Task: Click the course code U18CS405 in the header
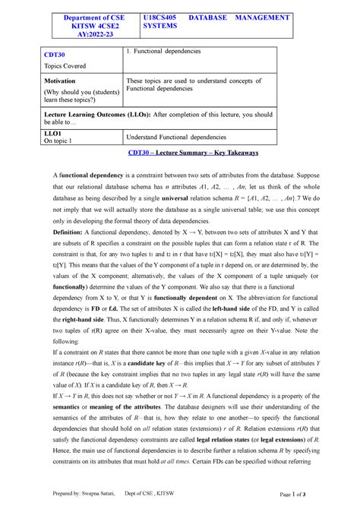coord(164,17)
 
